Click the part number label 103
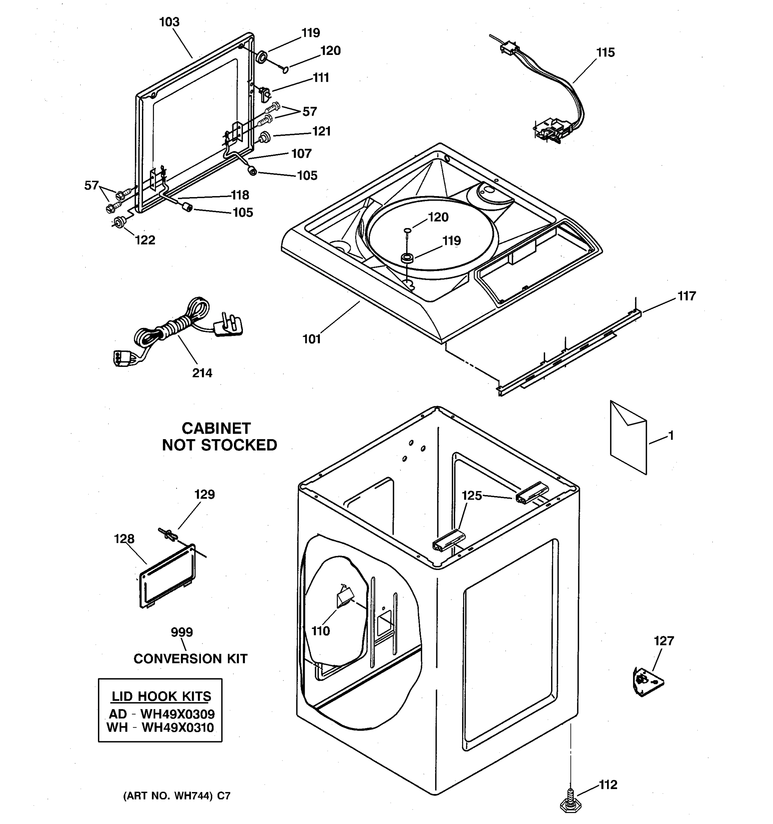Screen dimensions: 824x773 tap(169, 22)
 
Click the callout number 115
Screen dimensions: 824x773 tap(605, 53)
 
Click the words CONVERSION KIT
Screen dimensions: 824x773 tap(190, 658)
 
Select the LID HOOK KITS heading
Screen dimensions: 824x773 tap(161, 696)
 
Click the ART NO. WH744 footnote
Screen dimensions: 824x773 tap(176, 796)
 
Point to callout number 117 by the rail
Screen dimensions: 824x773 tap(686, 296)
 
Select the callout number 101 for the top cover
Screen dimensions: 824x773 tap(312, 339)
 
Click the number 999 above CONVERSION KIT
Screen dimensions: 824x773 tap(182, 632)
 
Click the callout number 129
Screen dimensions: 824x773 tap(204, 494)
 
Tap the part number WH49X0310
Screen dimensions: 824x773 tap(178, 728)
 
